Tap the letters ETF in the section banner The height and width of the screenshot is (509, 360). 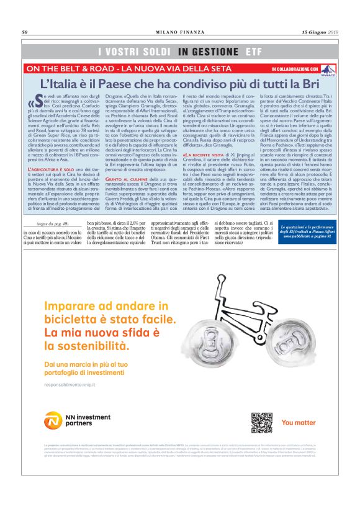[x=253, y=52]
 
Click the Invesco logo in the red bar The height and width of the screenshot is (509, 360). [x=328, y=70]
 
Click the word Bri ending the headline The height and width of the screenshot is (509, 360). [x=310, y=84]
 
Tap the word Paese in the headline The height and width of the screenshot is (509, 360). [x=112, y=84]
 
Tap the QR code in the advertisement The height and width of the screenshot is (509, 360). [x=261, y=421]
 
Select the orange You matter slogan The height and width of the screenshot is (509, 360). [x=299, y=422]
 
